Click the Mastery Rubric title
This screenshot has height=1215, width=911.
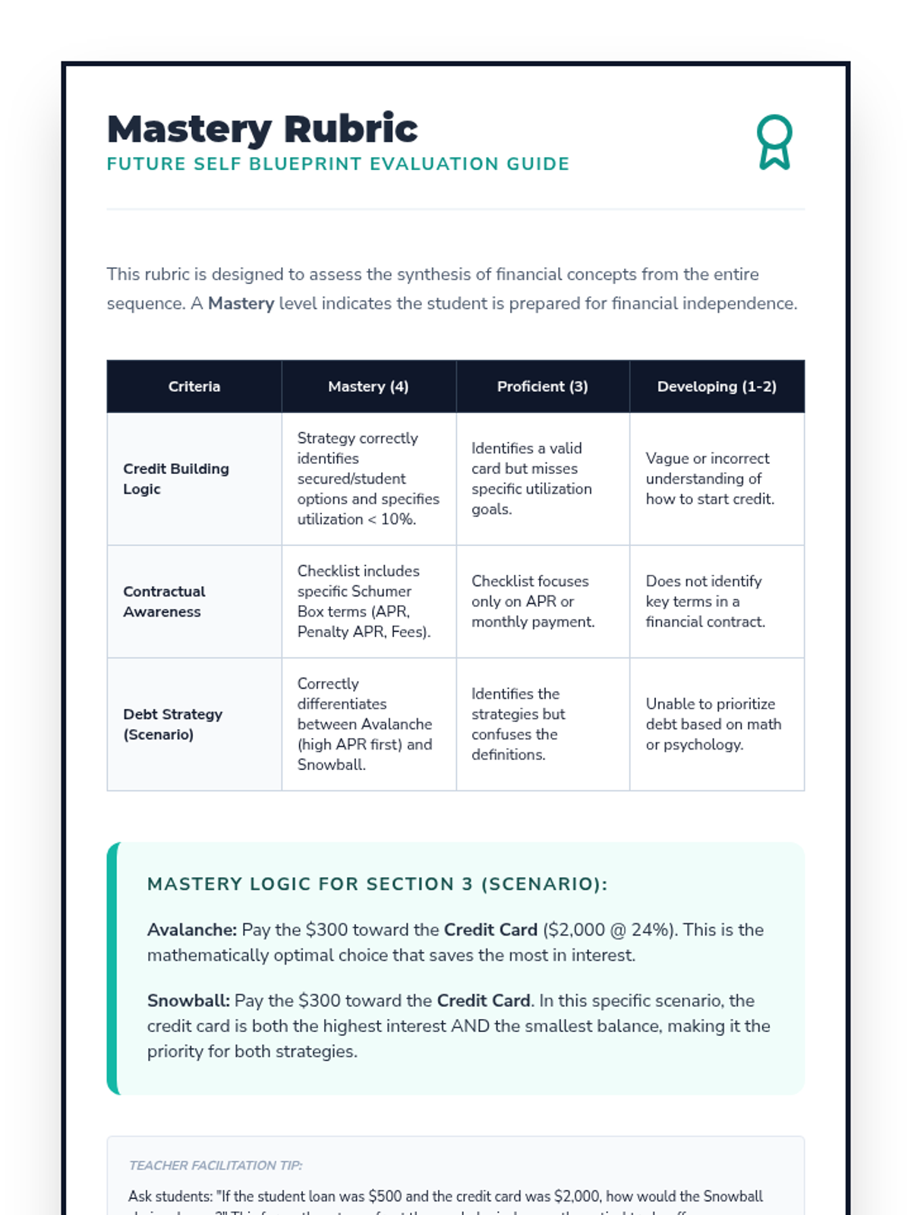(x=262, y=129)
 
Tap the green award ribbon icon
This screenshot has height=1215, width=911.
(x=774, y=142)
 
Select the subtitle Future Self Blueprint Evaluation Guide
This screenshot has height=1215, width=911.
(x=338, y=164)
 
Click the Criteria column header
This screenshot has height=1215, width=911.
(x=194, y=387)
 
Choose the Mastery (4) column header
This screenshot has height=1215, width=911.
(x=368, y=387)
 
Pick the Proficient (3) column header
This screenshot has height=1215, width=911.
(x=542, y=387)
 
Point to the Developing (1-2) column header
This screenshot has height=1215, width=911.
(x=717, y=387)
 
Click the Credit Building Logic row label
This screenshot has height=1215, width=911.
(x=176, y=478)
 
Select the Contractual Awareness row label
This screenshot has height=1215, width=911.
(x=164, y=601)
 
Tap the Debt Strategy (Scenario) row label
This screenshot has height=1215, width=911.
(x=173, y=724)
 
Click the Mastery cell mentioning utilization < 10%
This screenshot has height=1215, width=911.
(x=368, y=478)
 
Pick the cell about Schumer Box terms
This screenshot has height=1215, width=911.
(x=364, y=601)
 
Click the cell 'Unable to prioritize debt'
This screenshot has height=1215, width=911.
(x=713, y=724)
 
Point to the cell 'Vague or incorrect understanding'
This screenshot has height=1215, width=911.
(x=710, y=478)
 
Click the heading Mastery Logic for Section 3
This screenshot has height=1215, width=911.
(x=377, y=884)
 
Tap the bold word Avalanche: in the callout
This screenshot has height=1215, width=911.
(x=192, y=929)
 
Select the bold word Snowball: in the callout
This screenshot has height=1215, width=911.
(x=188, y=1000)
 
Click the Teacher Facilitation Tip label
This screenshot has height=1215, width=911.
(x=216, y=1165)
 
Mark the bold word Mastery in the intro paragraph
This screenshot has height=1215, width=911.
(x=241, y=304)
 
